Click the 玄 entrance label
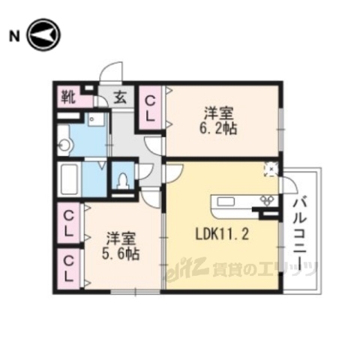(120, 97)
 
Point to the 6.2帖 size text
(220, 129)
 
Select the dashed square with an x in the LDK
(270, 169)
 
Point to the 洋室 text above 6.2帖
(220, 113)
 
